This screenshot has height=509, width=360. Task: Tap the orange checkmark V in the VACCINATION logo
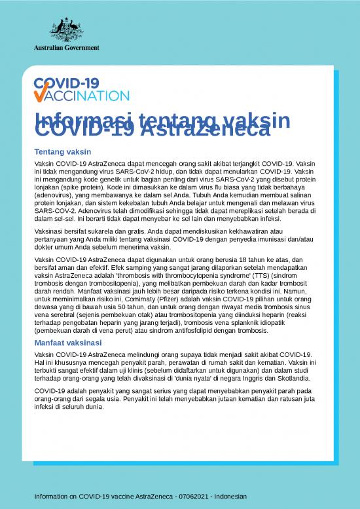(40, 96)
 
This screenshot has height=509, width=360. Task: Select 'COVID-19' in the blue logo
(65, 84)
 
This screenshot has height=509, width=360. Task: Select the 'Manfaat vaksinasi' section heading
(68, 343)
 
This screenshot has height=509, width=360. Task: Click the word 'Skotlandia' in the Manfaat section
(293, 378)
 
